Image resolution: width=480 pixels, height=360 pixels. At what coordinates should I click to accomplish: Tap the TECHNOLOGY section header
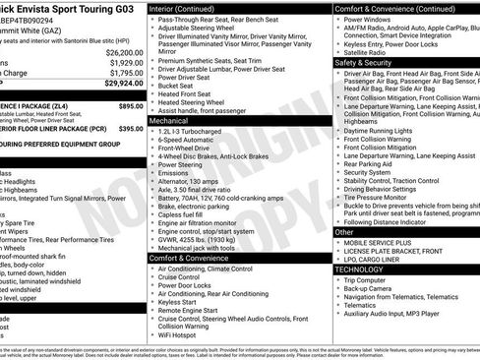tap(359, 269)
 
